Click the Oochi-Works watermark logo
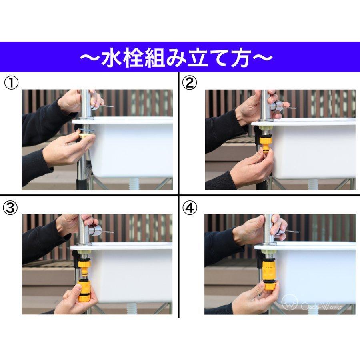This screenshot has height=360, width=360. click(x=290, y=303)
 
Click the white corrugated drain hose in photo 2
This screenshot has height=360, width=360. click(x=313, y=184)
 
